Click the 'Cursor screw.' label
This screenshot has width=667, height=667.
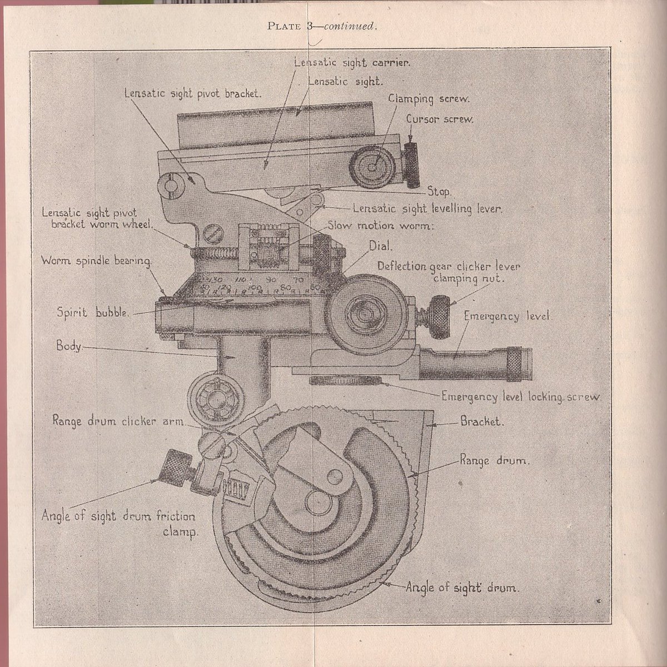tap(439, 120)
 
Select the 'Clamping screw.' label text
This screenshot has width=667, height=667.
tap(429, 99)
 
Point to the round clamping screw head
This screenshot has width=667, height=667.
tap(372, 165)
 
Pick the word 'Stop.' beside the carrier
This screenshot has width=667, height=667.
tap(440, 192)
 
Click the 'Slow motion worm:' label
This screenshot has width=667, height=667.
tap(380, 226)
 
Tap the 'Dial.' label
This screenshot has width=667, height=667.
tap(381, 245)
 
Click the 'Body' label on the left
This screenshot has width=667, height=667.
tap(68, 346)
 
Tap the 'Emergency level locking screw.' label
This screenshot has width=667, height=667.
tap(521, 397)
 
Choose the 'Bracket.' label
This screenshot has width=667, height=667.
tap(482, 421)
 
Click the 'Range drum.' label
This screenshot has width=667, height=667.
tap(494, 461)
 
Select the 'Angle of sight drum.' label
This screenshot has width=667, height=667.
tap(462, 587)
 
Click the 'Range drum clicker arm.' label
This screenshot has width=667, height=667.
tap(118, 421)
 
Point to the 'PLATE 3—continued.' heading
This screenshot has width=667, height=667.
tap(322, 26)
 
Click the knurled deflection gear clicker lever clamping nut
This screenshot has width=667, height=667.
tap(441, 317)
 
